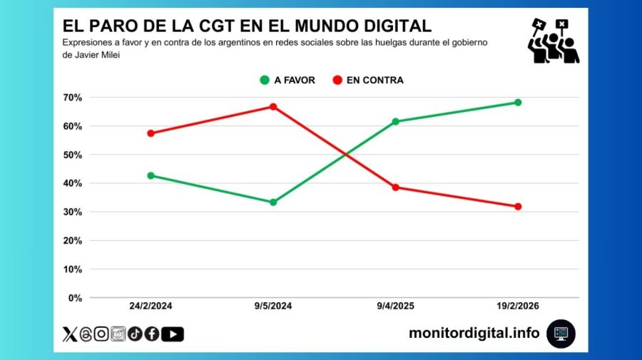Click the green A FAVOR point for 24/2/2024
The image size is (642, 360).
151,175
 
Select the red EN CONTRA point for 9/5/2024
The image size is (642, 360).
273,107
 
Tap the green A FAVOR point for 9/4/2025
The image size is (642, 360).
395,121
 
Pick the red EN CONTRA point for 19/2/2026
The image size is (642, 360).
518,207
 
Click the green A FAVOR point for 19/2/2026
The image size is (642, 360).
518,103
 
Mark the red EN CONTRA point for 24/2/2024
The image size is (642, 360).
151,133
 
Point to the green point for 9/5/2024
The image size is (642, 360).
273,202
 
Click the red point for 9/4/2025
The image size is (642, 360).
395,187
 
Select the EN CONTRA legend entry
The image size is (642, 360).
367,81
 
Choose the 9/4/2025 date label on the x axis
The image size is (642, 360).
395,306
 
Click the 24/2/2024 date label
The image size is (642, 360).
151,306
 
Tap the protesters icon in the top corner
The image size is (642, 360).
552,41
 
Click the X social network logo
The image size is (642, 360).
69,334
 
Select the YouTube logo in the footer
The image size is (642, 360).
173,334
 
